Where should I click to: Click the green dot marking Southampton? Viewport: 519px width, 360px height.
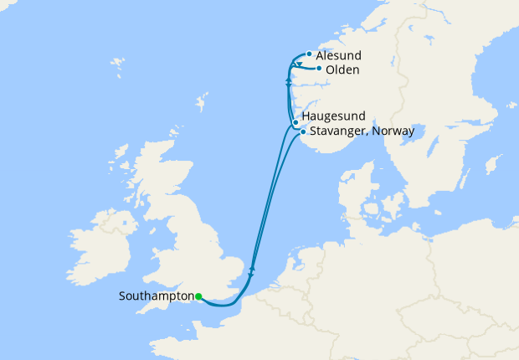click(x=198, y=296)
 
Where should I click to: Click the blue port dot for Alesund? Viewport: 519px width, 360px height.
click(x=310, y=54)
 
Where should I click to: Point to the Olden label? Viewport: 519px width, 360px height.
click(x=342, y=69)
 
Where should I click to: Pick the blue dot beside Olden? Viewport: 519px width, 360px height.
click(x=319, y=69)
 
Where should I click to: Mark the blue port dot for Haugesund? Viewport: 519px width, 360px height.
click(x=296, y=122)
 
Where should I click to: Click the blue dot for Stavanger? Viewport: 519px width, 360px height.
click(x=302, y=131)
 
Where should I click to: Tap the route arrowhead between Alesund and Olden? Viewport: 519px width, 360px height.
click(x=299, y=64)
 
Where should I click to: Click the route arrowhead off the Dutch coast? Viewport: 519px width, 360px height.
click(x=252, y=270)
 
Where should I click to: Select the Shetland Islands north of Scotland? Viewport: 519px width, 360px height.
click(x=202, y=104)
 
